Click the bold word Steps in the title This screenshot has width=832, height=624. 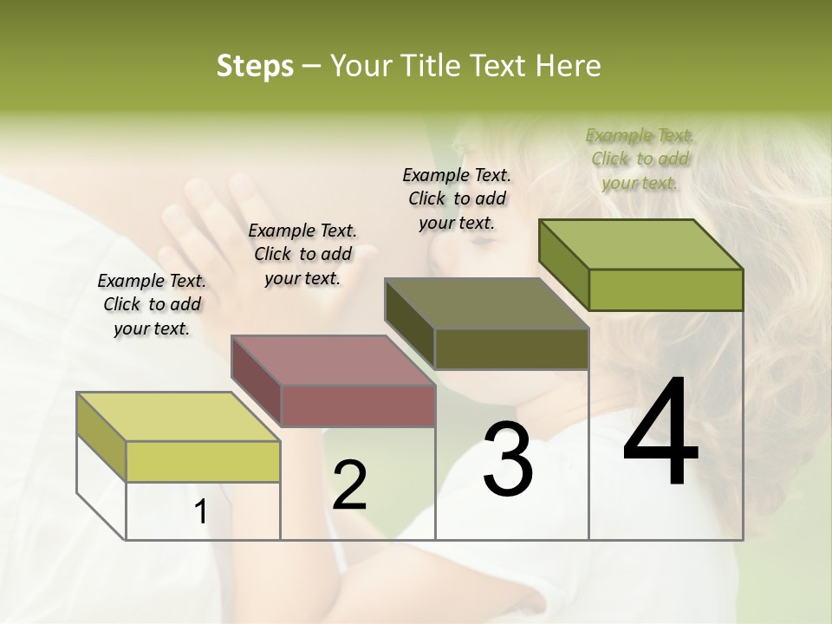[255, 66]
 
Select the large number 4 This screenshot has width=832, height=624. [660, 433]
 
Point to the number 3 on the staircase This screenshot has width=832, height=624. [507, 459]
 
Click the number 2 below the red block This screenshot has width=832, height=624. [349, 485]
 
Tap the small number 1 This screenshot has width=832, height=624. [200, 512]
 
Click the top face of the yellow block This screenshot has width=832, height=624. [178, 417]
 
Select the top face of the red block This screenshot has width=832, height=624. [333, 360]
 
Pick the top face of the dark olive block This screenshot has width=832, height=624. [487, 303]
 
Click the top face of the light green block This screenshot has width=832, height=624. [641, 244]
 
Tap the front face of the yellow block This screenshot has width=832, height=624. [203, 461]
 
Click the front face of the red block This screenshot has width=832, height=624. [357, 405]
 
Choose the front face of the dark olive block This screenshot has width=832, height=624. [511, 348]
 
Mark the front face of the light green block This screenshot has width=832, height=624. [666, 289]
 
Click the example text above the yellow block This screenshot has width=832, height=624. [152, 305]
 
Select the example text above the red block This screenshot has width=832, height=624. [302, 255]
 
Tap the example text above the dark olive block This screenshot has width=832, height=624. [457, 198]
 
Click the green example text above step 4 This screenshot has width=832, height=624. [640, 159]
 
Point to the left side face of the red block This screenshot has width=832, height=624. [256, 381]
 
